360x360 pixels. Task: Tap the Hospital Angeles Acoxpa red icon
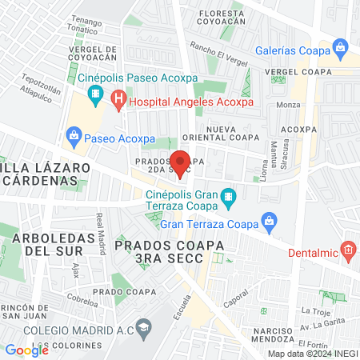coord(119,102)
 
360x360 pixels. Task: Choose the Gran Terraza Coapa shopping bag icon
coord(270,222)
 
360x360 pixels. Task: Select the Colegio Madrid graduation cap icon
coord(143,327)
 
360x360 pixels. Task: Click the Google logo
coord(26,350)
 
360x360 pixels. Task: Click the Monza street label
coord(287,105)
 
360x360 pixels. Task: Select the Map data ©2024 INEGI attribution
coord(311,354)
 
